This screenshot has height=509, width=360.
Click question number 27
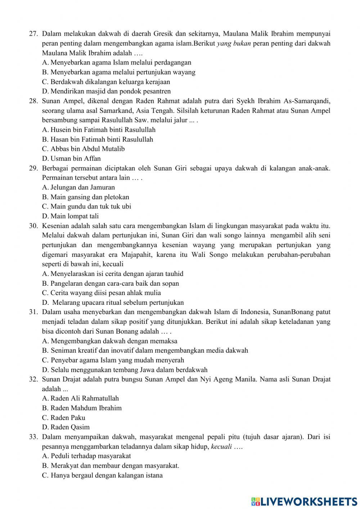coord(33,34)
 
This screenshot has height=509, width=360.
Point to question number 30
coord(33,226)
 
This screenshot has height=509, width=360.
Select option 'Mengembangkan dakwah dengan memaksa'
coord(109,341)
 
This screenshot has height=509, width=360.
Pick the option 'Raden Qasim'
coord(66,427)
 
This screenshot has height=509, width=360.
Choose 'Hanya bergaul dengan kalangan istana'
coord(102,475)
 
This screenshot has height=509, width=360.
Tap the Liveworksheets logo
coord(304,501)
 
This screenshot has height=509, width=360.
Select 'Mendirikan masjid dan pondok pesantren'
coord(106,91)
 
